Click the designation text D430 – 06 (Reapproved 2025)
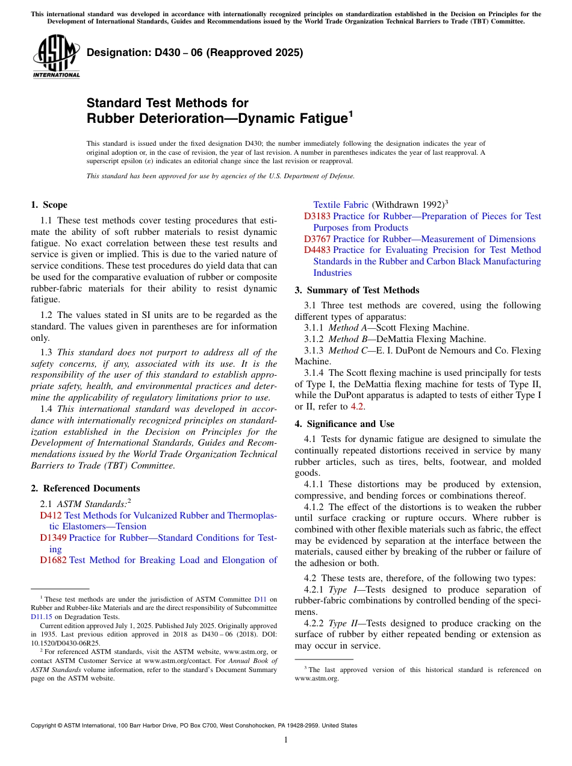click(x=194, y=53)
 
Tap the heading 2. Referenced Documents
click(x=85, y=488)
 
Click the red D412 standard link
click(x=51, y=515)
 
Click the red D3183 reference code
click(x=317, y=216)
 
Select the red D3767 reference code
click(x=317, y=239)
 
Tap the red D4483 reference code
click(x=317, y=250)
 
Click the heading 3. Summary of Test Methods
click(x=357, y=290)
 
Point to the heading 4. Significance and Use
click(x=344, y=424)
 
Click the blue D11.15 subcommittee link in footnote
click(x=42, y=617)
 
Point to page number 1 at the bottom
click(x=286, y=740)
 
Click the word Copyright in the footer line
click(x=45, y=726)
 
